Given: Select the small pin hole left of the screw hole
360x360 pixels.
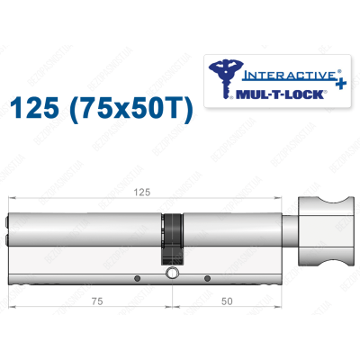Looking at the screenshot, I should pyautogui.click(x=137, y=278).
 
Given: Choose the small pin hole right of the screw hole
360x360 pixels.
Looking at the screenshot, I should pyautogui.click(x=206, y=278).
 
